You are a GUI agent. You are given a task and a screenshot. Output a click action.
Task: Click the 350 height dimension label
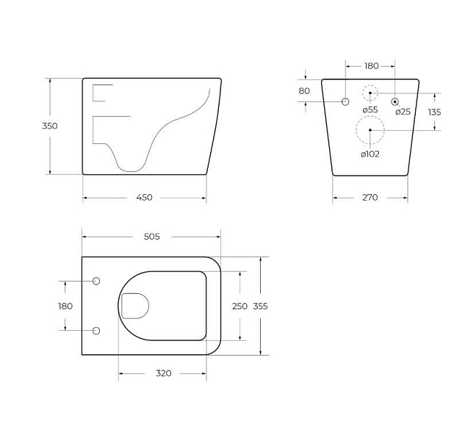pyautogui.click(x=49, y=126)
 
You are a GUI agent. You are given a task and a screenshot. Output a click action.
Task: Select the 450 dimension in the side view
pyautogui.click(x=144, y=198)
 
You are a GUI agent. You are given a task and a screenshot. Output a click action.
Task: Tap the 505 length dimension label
pyautogui.click(x=152, y=237)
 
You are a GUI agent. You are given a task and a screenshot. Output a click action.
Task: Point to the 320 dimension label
pyautogui.click(x=164, y=373)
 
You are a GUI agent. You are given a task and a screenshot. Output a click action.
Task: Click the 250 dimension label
pyautogui.click(x=240, y=306)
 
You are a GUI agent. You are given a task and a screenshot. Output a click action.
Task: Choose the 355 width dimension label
pyautogui.click(x=260, y=306)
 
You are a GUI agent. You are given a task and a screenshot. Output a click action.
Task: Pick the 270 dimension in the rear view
pyautogui.click(x=370, y=198)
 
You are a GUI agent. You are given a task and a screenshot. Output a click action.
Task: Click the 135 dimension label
pyautogui.click(x=434, y=112)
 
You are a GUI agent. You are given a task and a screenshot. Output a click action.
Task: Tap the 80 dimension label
pyautogui.click(x=304, y=90)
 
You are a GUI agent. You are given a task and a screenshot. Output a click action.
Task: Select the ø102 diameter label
pyautogui.click(x=370, y=154)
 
